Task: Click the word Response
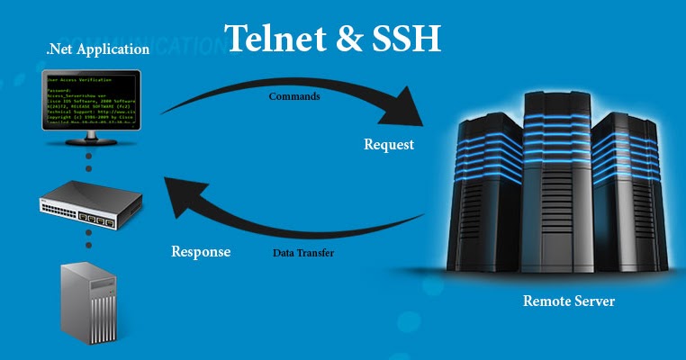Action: tap(201, 251)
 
